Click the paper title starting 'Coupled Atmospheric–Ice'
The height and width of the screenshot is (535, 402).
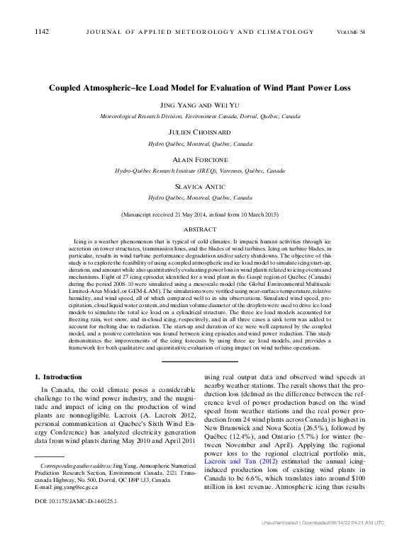[x=200, y=88]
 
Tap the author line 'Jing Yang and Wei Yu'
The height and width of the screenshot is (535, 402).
[x=200, y=105]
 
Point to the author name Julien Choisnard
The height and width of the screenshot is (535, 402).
[x=200, y=132]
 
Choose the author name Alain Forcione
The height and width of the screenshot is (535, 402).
[x=200, y=160]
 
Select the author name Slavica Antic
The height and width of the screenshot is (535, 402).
[x=200, y=187]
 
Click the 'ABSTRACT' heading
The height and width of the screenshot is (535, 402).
[x=200, y=229]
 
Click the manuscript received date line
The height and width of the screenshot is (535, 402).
[x=200, y=214]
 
